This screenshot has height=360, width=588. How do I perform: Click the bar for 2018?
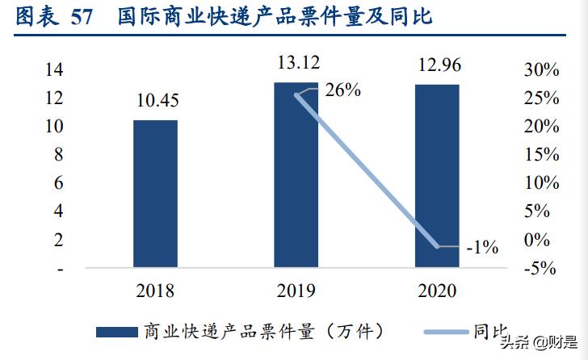155,194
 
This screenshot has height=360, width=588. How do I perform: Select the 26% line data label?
342,90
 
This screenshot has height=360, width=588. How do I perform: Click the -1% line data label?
482,247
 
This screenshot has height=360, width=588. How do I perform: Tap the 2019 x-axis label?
296,291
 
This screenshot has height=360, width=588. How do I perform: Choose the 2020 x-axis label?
437,291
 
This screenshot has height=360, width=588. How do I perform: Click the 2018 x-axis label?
155,291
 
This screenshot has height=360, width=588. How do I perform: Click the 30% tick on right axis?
540,69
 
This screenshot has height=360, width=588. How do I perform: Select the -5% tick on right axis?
540,268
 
